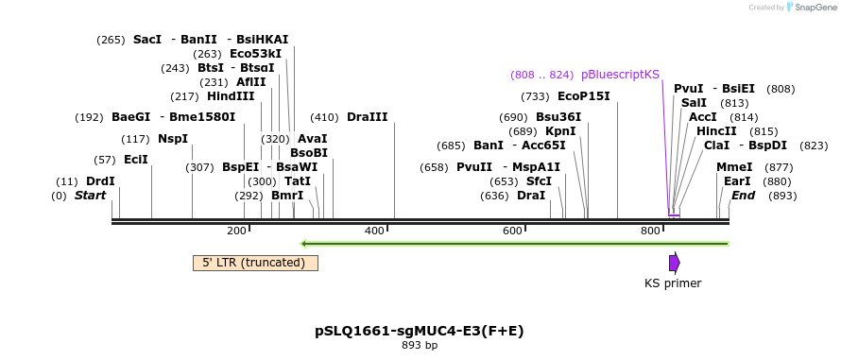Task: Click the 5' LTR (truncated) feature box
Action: point(255,263)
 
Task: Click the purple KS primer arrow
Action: point(674,263)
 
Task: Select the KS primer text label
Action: point(673,283)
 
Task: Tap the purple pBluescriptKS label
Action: point(620,74)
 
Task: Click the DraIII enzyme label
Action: point(367,117)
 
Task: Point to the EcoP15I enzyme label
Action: point(583,96)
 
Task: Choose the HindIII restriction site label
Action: point(231,96)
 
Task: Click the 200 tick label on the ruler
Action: point(236,231)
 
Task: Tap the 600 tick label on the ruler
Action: point(512,231)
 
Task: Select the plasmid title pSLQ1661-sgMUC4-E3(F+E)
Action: point(419,331)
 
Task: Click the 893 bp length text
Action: point(419,346)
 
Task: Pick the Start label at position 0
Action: point(90,196)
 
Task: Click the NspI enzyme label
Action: point(172,139)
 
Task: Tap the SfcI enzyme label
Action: point(539,181)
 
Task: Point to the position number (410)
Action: point(324,117)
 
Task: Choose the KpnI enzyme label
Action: point(560,131)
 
